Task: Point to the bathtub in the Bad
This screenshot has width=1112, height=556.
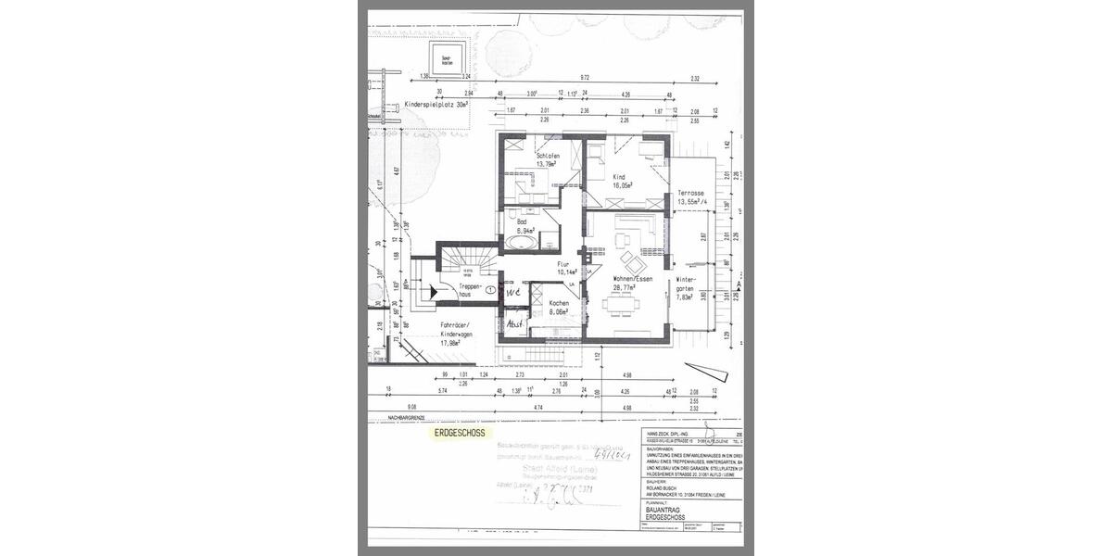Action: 519,244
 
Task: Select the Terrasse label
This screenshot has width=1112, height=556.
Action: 692,193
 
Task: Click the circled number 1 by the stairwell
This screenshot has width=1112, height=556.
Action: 490,290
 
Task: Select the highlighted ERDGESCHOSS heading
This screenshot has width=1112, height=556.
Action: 459,432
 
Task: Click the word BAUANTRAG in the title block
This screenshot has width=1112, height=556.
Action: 663,510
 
